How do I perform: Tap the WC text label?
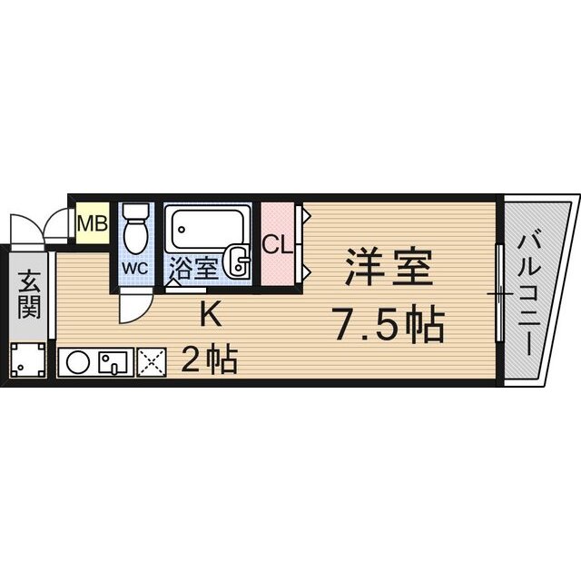135,269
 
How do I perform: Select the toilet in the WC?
135,231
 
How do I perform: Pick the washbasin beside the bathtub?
239,261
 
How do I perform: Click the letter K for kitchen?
210,316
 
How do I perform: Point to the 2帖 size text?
210,360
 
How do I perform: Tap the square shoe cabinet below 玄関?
28,361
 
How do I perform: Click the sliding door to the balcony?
498,293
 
